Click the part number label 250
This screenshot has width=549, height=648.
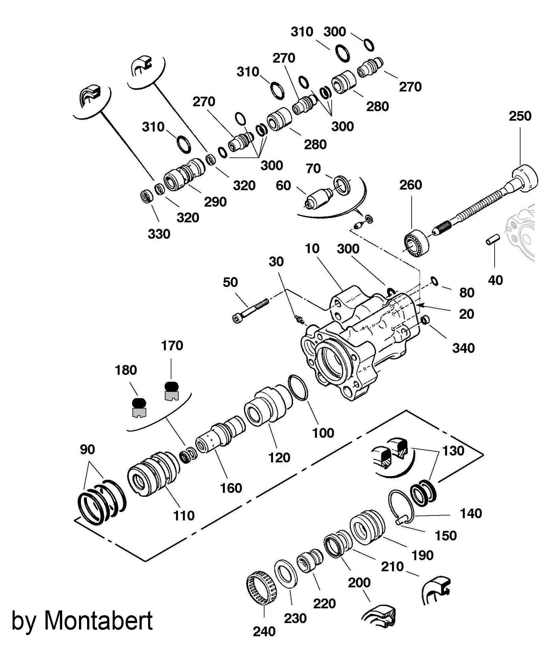pos(520,116)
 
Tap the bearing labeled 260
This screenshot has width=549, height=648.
pos(416,243)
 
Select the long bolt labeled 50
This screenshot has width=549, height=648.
pos(250,310)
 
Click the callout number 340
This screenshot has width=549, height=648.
pos(463,348)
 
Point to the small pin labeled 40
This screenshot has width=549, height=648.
pos(493,241)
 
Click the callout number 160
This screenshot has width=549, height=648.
pos(231,488)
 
